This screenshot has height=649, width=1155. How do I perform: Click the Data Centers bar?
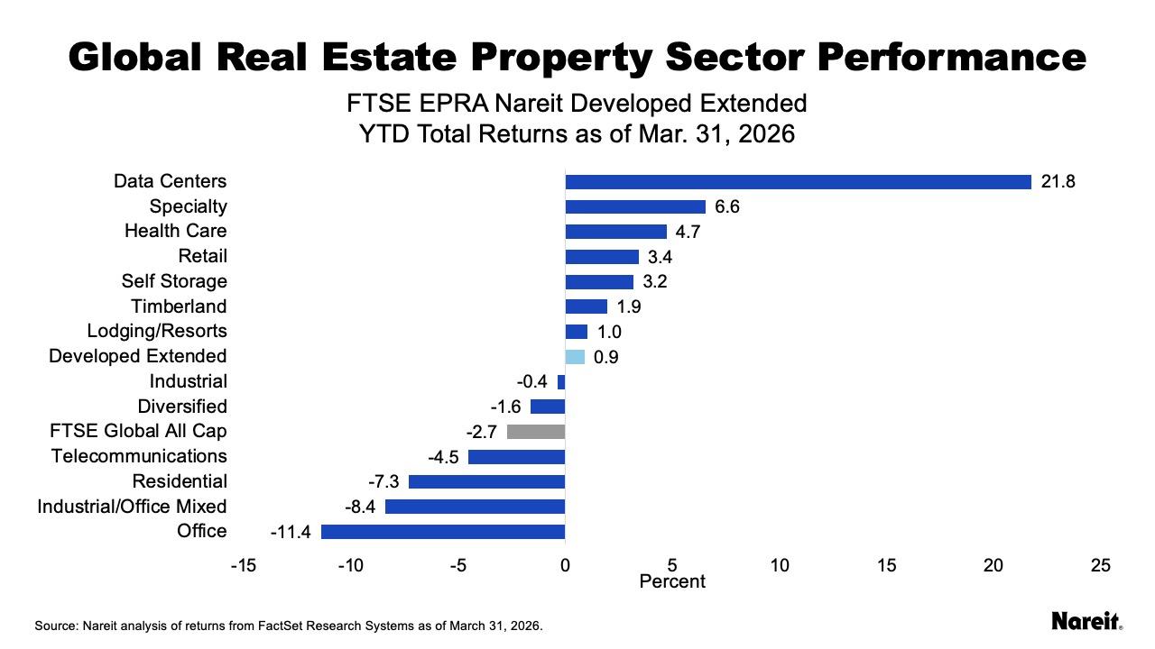click(x=798, y=182)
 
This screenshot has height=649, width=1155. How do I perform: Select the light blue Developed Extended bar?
click(x=575, y=357)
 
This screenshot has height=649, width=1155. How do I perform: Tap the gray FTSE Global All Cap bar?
click(x=536, y=432)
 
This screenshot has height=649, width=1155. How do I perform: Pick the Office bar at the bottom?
click(x=443, y=532)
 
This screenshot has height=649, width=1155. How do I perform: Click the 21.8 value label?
click(x=1058, y=182)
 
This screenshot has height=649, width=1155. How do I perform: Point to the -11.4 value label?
click(x=291, y=532)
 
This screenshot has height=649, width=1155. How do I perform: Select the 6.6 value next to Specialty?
click(x=727, y=207)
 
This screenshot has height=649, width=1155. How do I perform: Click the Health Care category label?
click(x=176, y=232)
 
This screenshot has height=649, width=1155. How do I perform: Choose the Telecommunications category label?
click(x=139, y=456)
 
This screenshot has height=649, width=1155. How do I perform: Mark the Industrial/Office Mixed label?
click(x=132, y=507)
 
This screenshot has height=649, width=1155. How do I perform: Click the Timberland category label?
click(x=179, y=306)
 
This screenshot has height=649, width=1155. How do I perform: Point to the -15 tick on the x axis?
click(x=243, y=565)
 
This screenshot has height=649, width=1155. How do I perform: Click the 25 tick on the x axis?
click(x=1100, y=565)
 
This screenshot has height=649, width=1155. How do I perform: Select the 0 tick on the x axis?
click(x=565, y=565)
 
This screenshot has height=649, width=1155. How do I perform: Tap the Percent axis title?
click(x=672, y=581)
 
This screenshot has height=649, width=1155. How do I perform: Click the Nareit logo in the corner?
click(x=1086, y=621)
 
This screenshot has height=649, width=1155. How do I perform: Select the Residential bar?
click(x=486, y=481)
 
